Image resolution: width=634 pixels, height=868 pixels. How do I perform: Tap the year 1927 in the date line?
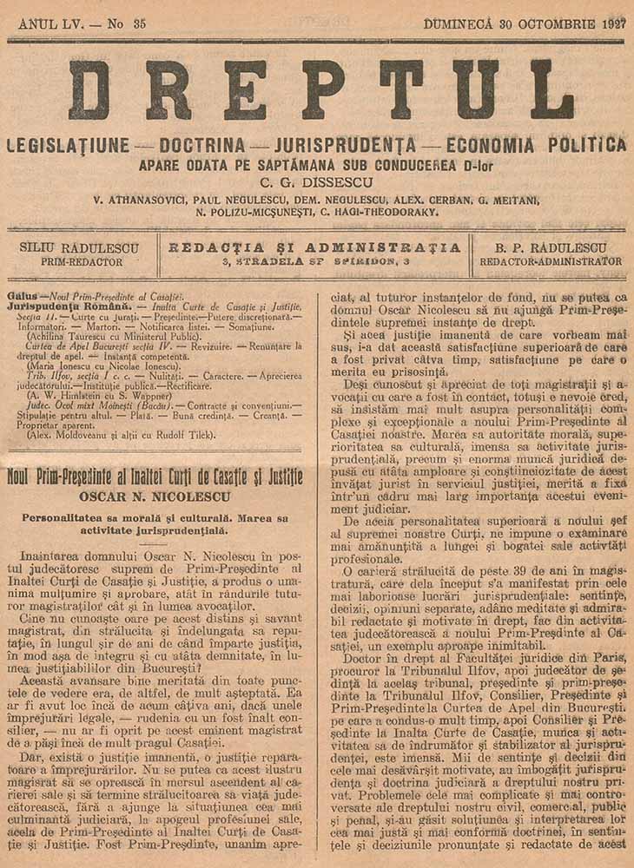click(611, 24)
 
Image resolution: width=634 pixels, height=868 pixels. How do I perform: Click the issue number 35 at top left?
click(137, 24)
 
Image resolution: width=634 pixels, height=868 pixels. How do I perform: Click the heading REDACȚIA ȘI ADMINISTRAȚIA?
click(314, 247)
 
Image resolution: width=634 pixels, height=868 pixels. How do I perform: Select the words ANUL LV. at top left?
click(50, 24)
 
